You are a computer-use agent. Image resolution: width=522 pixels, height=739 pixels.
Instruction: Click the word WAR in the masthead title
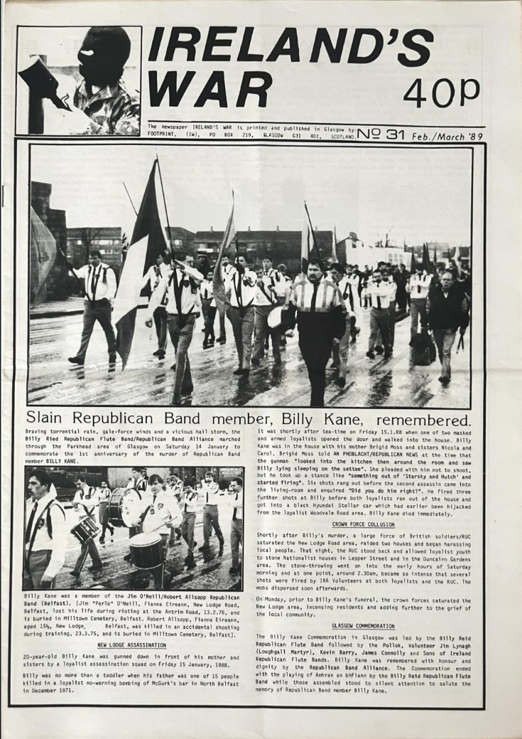(210, 90)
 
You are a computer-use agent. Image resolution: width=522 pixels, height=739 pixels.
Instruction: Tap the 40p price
(441, 92)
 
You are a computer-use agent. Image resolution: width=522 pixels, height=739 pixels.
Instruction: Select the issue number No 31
(383, 132)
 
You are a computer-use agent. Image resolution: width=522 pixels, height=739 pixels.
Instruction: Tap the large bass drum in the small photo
(124, 506)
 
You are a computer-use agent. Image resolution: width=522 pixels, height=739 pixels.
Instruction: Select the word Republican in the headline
(121, 418)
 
